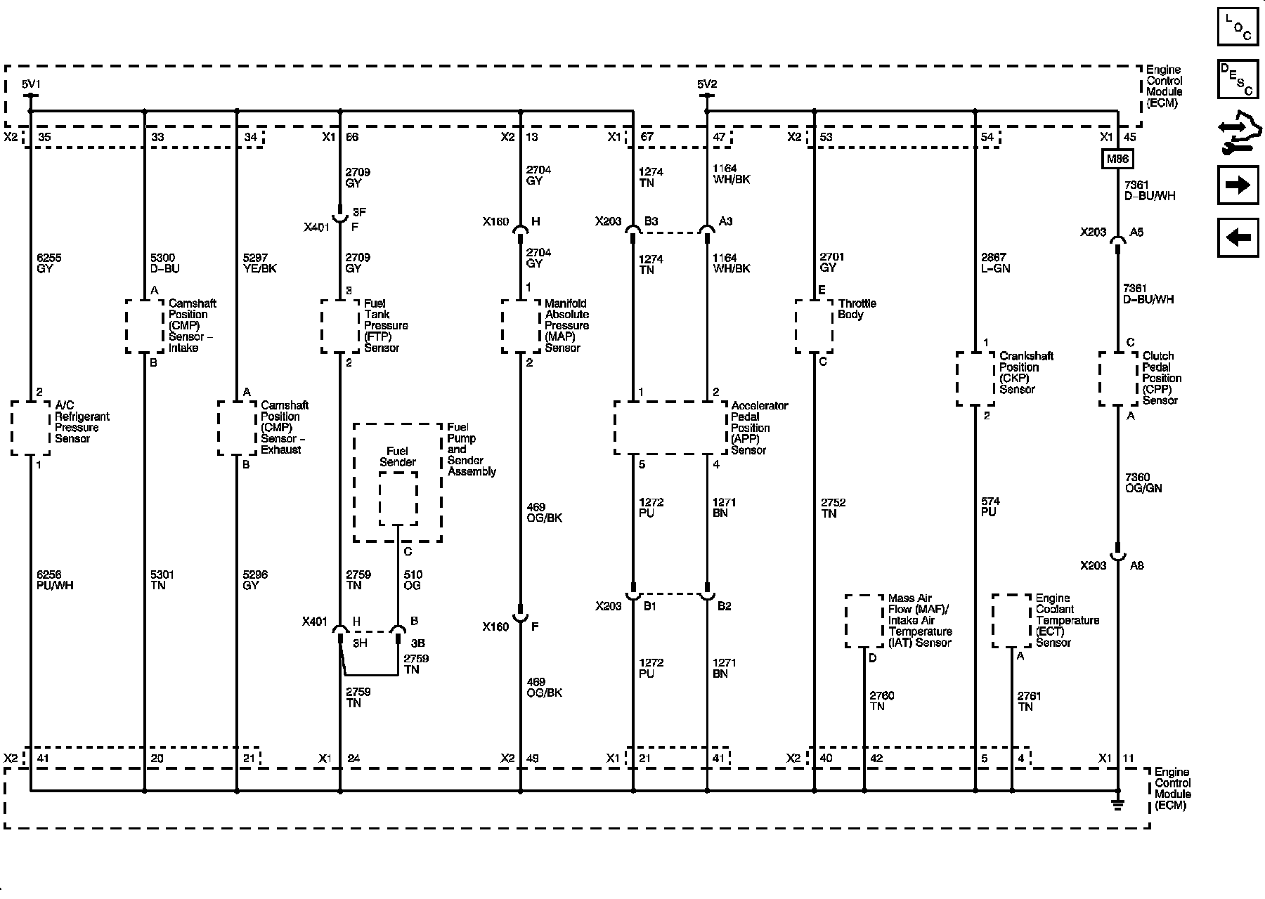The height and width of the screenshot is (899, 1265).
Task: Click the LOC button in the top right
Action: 1238,27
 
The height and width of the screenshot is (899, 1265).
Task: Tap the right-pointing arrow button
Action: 1238,185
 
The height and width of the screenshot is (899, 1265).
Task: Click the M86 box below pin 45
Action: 1117,159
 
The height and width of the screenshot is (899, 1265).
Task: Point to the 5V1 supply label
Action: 31,84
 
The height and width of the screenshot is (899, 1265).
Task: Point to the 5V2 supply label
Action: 707,84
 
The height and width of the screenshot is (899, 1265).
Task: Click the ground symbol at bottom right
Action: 1117,803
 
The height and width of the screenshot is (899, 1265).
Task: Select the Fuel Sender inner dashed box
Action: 398,498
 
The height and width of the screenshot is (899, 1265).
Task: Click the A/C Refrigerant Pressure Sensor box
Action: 31,428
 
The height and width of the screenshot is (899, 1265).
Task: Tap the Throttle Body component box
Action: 814,327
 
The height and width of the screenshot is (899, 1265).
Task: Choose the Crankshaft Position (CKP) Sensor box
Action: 975,379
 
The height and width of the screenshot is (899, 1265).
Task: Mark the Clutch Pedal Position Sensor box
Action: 1117,379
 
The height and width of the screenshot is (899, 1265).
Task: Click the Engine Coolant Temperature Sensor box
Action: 1011,621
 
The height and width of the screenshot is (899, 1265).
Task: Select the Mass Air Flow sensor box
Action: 864,621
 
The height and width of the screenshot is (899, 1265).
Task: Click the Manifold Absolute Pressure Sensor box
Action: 521,327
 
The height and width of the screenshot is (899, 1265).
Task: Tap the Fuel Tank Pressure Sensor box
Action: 340,327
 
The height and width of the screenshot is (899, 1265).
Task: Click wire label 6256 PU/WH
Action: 55,580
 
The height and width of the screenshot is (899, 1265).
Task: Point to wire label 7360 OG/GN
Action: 1143,483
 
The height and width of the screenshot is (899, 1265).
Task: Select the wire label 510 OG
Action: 413,580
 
